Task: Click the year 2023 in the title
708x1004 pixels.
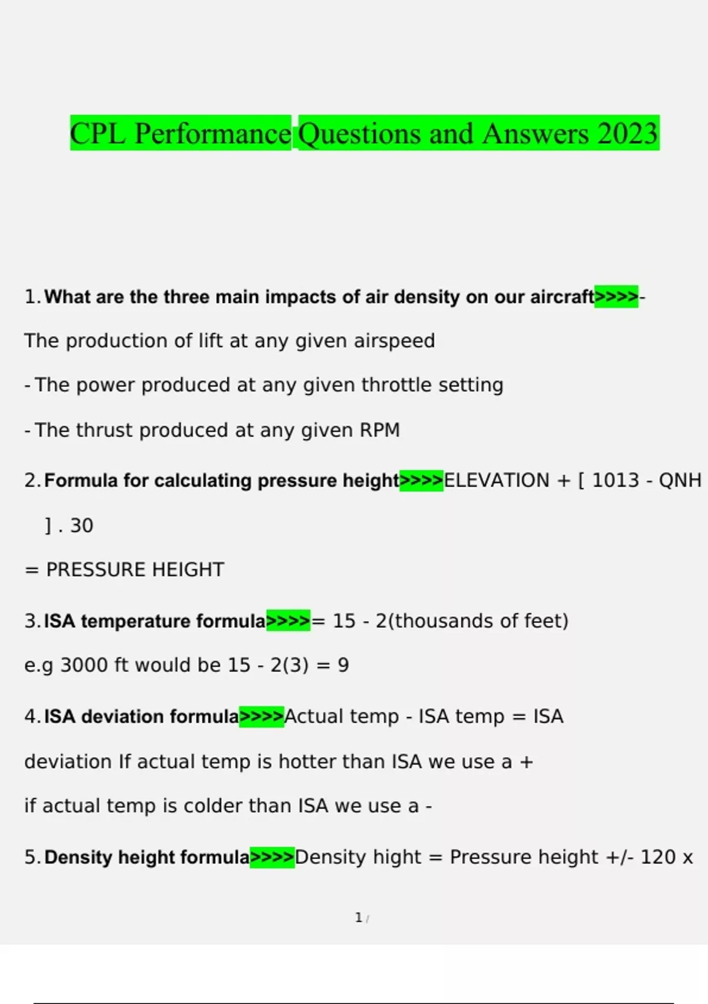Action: tap(627, 133)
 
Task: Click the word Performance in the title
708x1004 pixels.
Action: tap(212, 133)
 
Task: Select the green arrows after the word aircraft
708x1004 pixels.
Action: tap(616, 296)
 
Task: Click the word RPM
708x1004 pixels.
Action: tap(379, 430)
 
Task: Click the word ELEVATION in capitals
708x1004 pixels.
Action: tap(496, 480)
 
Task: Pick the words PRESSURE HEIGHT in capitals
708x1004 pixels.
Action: tap(135, 569)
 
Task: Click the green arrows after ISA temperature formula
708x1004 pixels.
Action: tap(288, 621)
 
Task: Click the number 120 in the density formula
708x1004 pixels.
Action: tap(658, 857)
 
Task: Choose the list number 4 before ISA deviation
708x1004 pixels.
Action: tap(31, 716)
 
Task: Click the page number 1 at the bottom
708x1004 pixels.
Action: tap(358, 918)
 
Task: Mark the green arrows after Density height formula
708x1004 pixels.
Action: tap(272, 857)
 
